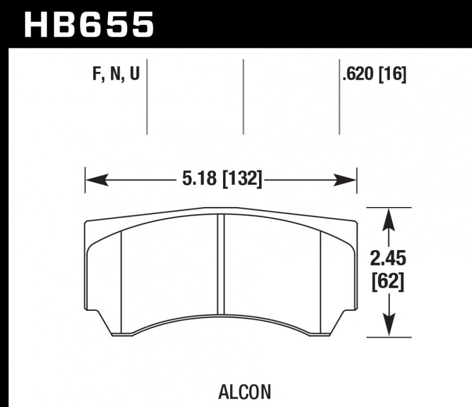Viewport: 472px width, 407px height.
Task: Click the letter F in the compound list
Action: (x=96, y=75)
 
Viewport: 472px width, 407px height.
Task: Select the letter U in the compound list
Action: (x=134, y=75)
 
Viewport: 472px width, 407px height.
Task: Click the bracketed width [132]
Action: (x=241, y=178)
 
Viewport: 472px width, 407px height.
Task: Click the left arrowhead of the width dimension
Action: (x=94, y=178)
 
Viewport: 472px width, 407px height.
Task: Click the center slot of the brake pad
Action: (x=222, y=265)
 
